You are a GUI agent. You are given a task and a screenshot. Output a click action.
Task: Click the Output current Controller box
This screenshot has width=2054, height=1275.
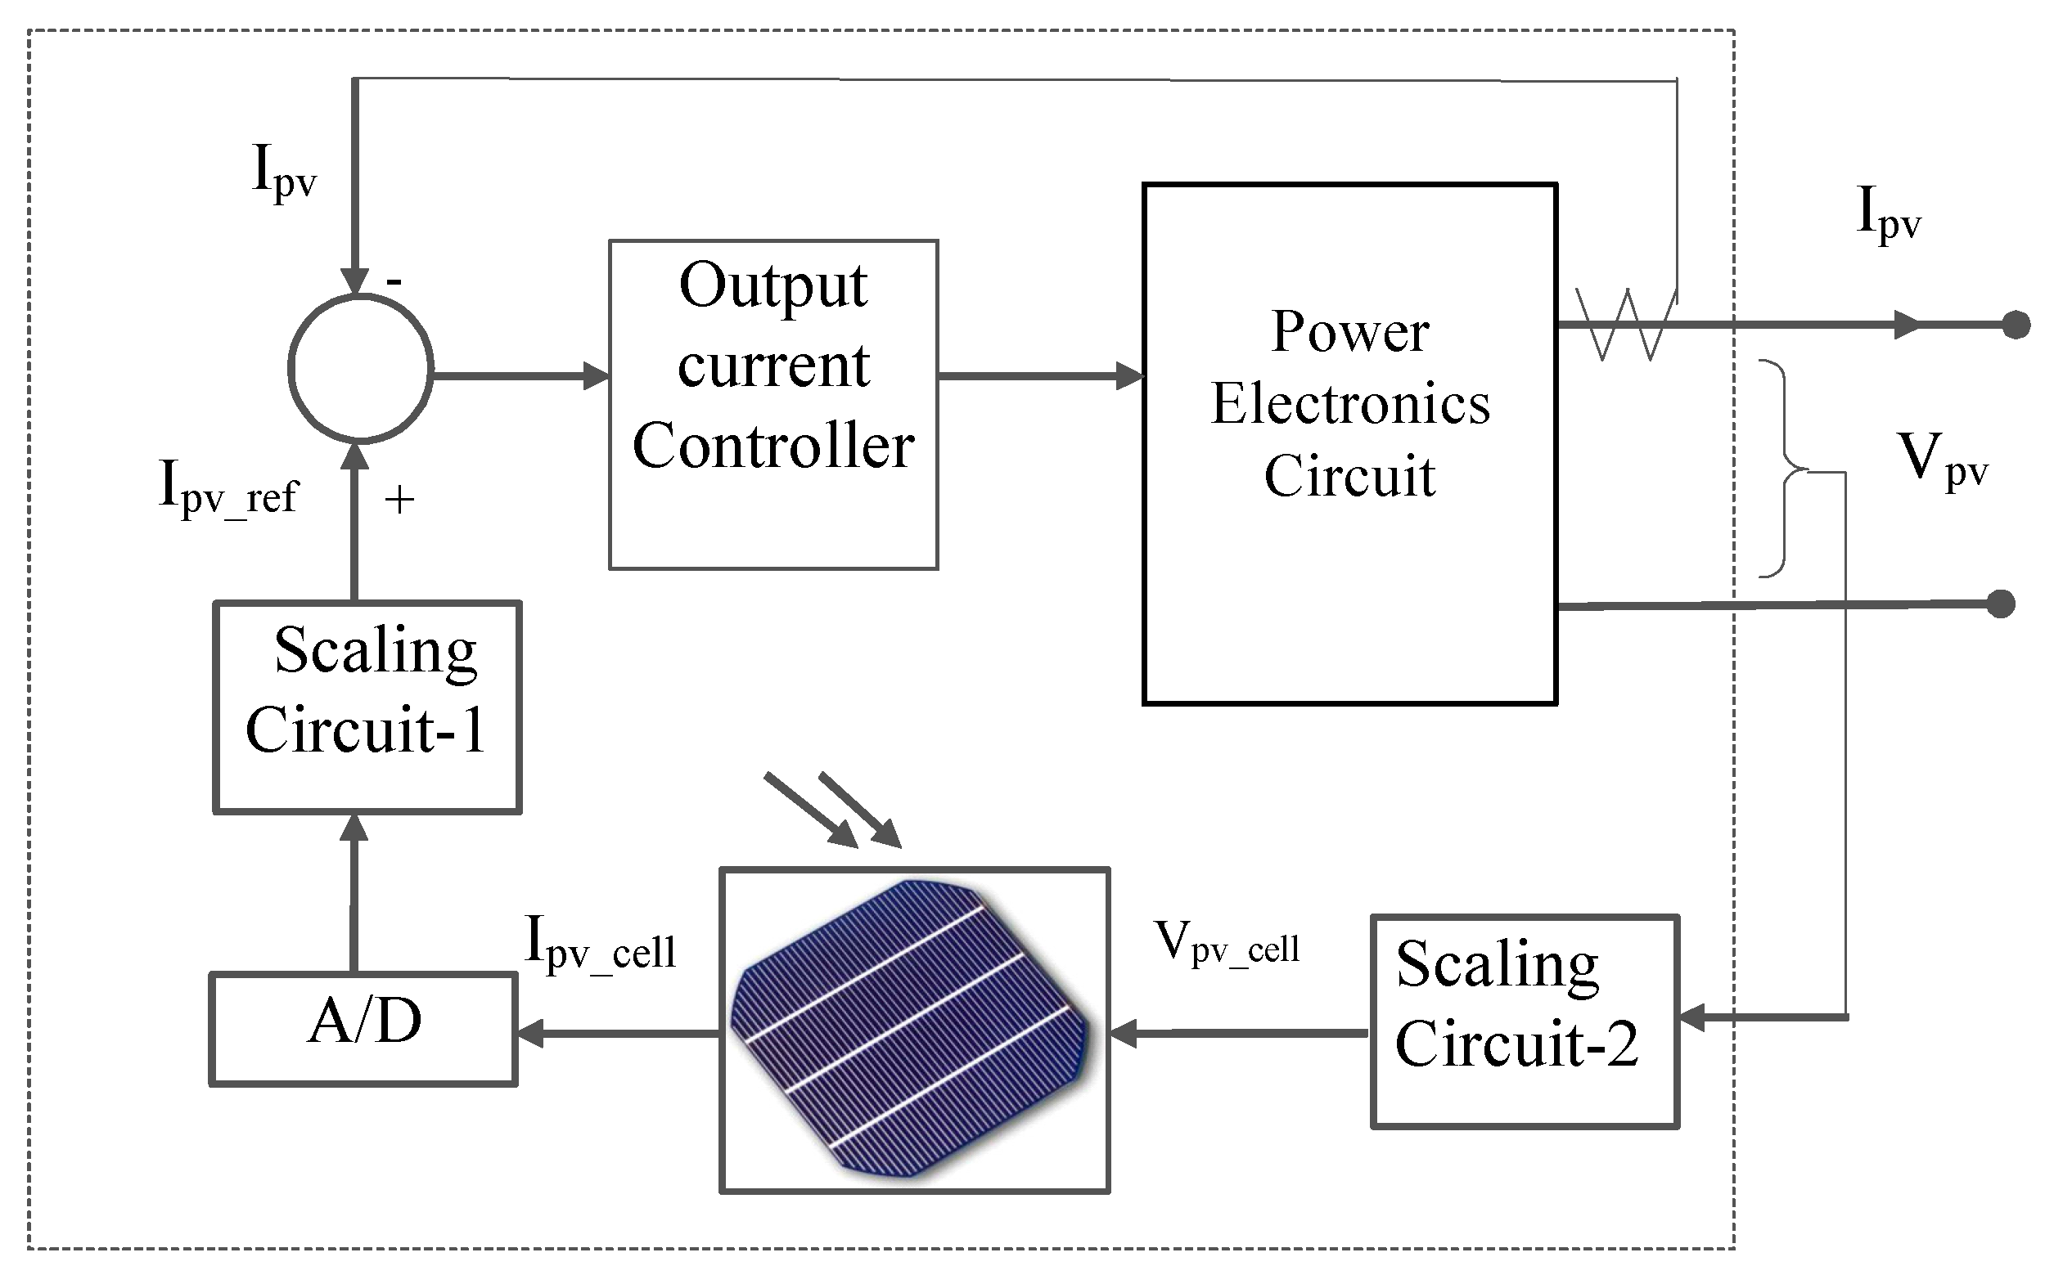click(773, 404)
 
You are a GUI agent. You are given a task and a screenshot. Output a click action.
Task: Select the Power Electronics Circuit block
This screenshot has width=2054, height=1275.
click(1349, 442)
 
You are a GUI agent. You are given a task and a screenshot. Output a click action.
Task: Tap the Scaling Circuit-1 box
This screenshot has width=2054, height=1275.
click(367, 706)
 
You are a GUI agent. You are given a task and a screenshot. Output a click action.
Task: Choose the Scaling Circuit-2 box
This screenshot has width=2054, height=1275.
click(1525, 1021)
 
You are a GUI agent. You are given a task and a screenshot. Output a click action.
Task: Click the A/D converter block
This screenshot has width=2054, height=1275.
click(363, 1028)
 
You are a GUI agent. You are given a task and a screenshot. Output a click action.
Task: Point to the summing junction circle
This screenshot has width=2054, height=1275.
click(361, 368)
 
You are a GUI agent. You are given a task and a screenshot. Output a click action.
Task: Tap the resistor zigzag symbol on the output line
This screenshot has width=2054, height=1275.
click(1624, 325)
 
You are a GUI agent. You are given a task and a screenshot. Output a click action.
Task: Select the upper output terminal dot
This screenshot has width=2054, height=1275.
click(2016, 325)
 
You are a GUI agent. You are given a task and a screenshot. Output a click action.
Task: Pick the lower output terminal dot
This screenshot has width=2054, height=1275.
click(2001, 604)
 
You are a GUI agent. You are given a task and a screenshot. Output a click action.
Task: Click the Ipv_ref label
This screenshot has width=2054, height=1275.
click(227, 490)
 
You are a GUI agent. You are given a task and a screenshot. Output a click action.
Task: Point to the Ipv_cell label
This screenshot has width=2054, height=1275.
click(600, 945)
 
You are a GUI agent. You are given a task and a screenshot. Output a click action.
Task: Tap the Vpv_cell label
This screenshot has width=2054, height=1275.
click(1227, 944)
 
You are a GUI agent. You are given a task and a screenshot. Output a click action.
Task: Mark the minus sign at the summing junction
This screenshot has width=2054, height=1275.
click(394, 281)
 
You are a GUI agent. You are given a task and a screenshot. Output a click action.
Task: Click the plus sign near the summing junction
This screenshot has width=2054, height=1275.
click(399, 501)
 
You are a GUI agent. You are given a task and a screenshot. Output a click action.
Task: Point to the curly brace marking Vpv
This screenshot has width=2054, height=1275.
click(1782, 469)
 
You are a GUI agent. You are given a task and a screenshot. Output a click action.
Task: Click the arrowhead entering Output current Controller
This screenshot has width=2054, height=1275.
click(596, 375)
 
